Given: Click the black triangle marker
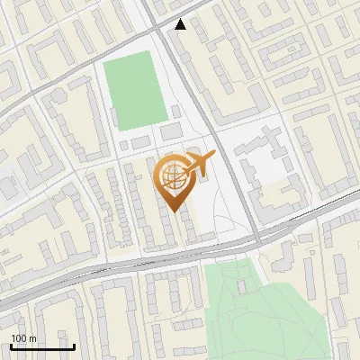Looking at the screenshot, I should coord(181,24).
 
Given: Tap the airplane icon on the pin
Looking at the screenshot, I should coord(199,164).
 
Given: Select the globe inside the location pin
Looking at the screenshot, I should coord(174,176).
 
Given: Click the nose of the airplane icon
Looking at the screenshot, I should coord(213,156).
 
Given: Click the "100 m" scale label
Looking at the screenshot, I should coord(23,338).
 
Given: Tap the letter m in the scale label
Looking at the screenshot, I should coord(32,338).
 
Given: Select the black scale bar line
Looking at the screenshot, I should coord(42,347).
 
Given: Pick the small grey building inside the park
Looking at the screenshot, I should coord(241,286).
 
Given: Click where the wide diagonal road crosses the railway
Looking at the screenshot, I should coord(256,241).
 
